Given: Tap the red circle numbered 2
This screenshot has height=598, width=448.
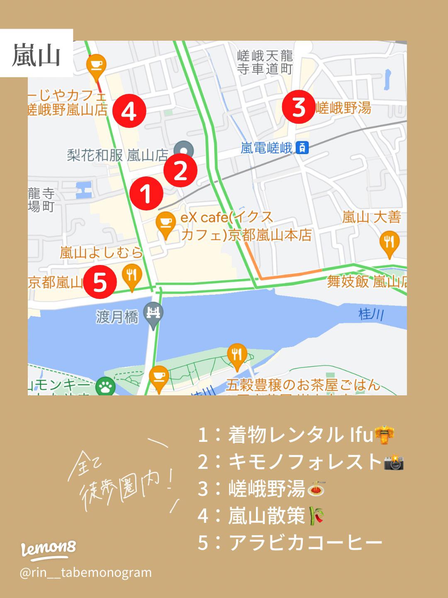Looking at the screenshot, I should [x=180, y=171].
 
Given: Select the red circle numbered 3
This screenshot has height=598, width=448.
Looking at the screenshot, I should [x=299, y=107].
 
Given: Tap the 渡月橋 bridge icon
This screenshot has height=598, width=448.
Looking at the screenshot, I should [x=153, y=314].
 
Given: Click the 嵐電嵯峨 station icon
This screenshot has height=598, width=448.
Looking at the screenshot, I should [x=303, y=148].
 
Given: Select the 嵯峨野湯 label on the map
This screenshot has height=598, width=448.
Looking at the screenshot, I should [x=343, y=108].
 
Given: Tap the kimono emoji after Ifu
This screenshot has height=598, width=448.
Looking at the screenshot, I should [x=384, y=435].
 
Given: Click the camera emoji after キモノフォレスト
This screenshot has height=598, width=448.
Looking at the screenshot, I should [x=394, y=462].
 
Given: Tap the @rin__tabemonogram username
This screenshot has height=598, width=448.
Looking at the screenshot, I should [x=86, y=573].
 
